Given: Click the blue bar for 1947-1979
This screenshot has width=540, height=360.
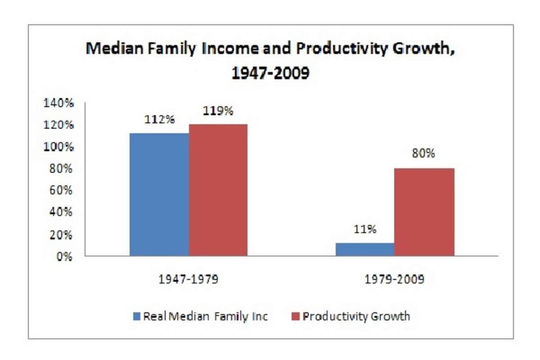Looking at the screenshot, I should coord(159,194).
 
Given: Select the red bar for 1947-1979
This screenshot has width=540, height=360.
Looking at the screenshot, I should coord(218,190).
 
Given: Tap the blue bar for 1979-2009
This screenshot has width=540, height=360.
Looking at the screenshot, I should coord(365,249).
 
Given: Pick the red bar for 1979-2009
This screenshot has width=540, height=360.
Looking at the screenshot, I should coord(424,212).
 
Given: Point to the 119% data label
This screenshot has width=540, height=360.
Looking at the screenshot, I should coord(218,110).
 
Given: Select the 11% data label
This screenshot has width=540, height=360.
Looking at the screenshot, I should coord(365,229).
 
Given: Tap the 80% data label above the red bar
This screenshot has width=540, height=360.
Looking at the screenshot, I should coord(423,153).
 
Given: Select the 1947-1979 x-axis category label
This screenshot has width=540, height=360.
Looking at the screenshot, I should coord(188,280).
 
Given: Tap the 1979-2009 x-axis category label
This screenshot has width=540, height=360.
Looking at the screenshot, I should coord(394,280).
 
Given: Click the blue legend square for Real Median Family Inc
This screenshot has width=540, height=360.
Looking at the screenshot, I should coord(137,316).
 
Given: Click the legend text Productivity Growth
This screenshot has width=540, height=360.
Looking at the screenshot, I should coord(356,316).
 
